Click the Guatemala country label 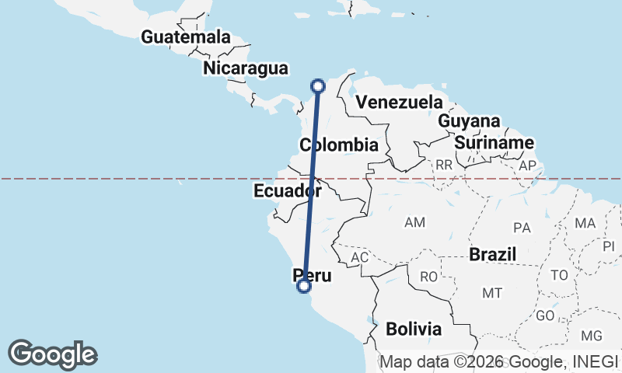coord(186,37)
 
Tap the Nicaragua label coord(246,68)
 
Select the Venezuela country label coord(398,102)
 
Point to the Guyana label coord(469,121)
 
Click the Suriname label coord(494,143)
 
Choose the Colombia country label coord(339,145)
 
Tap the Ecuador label coord(288,191)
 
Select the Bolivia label coord(414,329)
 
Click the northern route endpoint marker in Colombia coord(317,86)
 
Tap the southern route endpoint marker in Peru coord(304,286)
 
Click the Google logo coord(52,354)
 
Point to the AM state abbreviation coord(414,223)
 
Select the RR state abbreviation coord(444,165)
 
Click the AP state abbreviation coord(527,165)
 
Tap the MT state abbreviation coord(491,293)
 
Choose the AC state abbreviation coord(359,257)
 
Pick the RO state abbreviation coord(429,276)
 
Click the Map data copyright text coord(498,361)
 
